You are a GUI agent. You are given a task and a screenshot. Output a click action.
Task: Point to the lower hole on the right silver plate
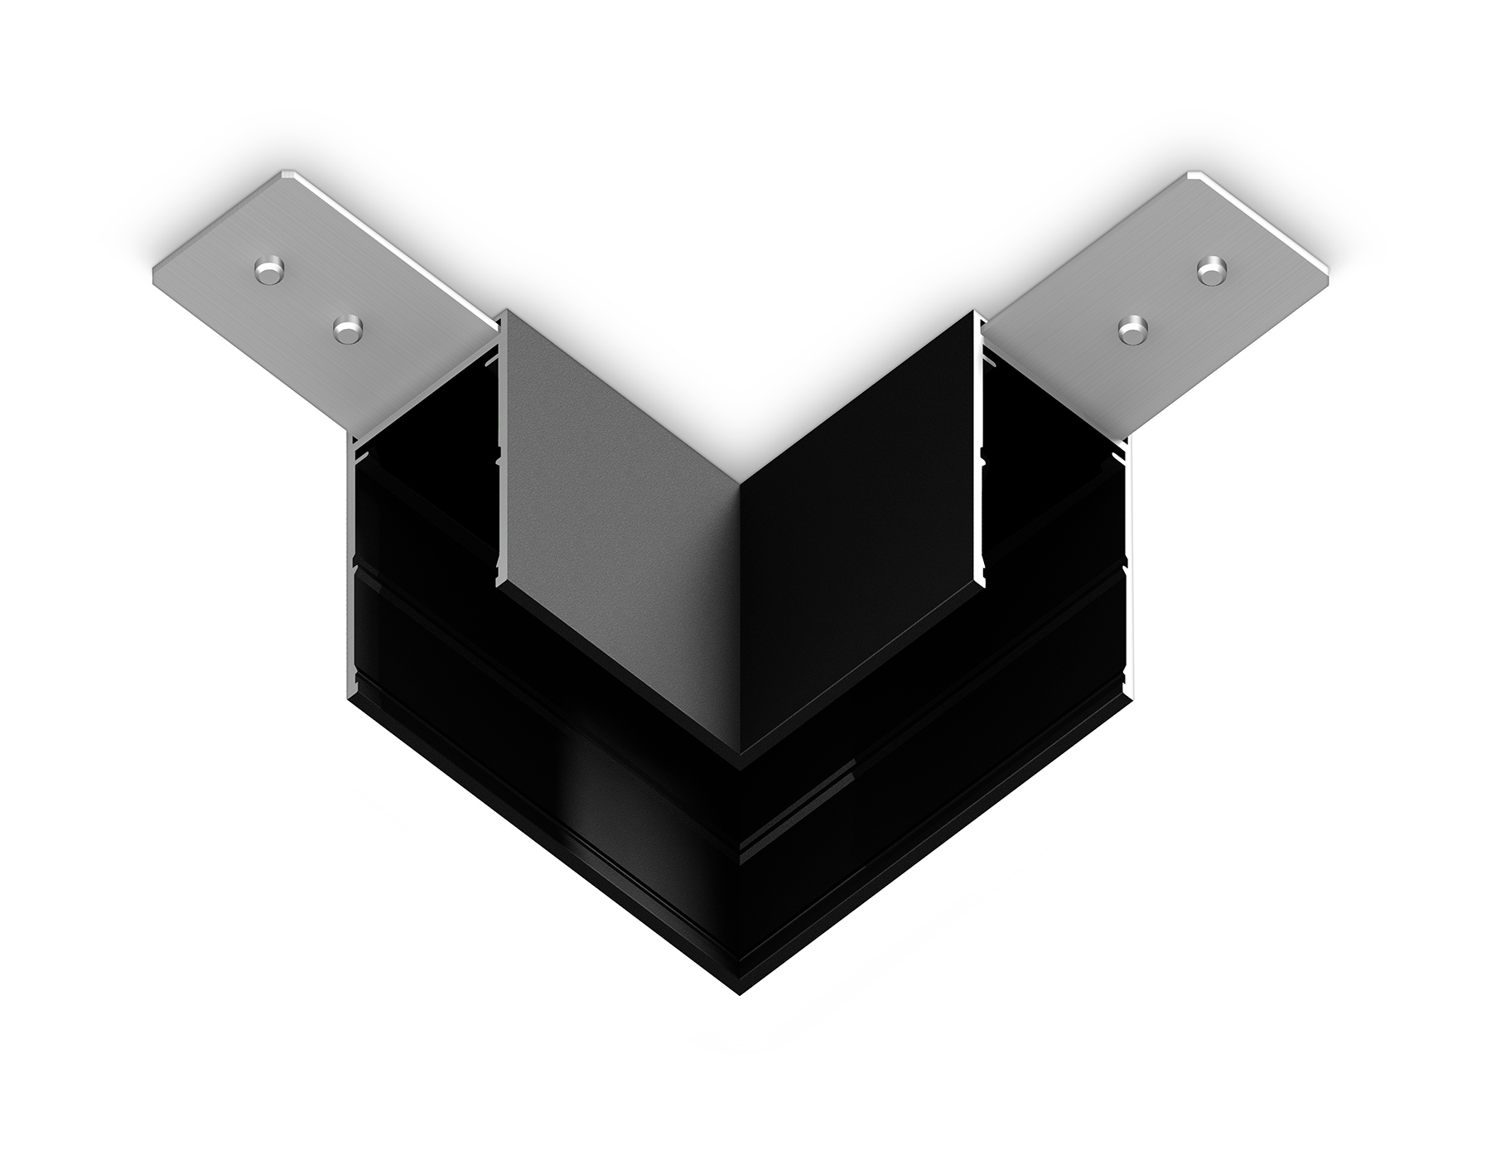click(x=1133, y=330)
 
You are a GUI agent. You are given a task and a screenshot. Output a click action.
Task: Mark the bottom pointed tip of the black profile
click(x=740, y=993)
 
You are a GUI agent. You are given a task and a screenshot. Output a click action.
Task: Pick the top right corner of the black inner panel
click(x=975, y=312)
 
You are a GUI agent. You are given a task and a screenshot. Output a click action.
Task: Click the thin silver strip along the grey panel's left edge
click(x=499, y=447)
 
